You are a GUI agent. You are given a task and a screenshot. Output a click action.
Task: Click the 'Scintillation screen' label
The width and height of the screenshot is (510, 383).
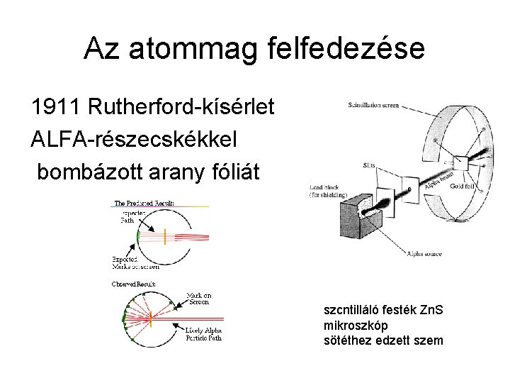373,106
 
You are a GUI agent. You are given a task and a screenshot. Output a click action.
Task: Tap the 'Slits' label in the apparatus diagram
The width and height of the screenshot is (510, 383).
369,165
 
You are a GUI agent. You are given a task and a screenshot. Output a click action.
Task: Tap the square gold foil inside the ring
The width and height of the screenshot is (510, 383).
461,162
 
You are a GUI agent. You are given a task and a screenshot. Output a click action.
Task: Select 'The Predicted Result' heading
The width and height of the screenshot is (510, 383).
144,203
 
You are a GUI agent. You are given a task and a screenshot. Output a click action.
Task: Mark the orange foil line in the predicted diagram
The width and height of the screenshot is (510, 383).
165,236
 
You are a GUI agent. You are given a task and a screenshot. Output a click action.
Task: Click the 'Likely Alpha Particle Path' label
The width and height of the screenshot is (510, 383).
203,333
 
